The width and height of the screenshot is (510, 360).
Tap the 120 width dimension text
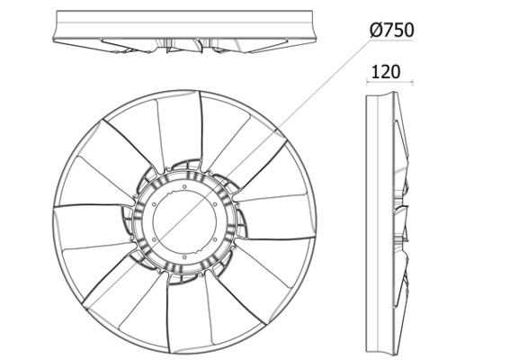point(384,71)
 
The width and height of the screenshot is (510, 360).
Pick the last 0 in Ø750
point(408,31)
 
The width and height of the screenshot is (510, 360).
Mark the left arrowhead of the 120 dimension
point(368,85)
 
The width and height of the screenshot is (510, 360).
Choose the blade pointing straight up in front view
point(177,126)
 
